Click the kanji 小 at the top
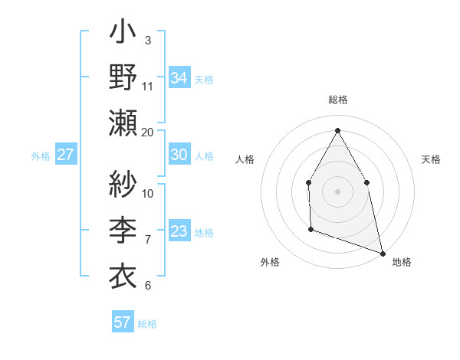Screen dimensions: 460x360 [123, 34]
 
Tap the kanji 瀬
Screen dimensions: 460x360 [123, 123]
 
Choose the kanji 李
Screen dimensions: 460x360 [123, 227]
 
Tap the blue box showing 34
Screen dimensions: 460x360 [179, 77]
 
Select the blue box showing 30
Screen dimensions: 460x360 [179, 155]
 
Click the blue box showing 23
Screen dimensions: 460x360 [179, 231]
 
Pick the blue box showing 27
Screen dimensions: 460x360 [65, 155]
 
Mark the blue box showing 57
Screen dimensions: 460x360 [123, 322]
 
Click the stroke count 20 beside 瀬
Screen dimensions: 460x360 [148, 133]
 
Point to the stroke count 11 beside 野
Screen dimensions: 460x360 [148, 86]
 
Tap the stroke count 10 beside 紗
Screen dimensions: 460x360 [148, 193]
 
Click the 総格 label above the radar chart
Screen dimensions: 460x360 [337, 100]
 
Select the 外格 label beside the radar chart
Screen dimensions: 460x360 [270, 262]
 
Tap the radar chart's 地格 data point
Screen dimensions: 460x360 [382, 252]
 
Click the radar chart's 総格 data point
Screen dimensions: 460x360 [337, 130]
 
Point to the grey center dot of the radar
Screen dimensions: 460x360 [337, 191]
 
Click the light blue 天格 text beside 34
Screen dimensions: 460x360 [204, 79]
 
